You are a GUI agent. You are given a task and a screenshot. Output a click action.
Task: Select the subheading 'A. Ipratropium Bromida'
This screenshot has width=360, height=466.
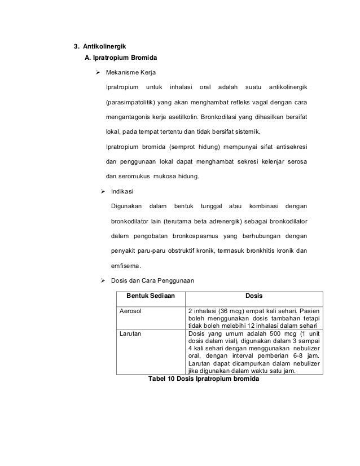pyautogui.click(x=121, y=58)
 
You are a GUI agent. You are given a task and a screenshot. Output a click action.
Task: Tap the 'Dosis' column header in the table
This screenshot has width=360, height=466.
pyautogui.click(x=253, y=296)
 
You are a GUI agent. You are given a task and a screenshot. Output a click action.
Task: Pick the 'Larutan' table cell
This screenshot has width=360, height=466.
pyautogui.click(x=130, y=333)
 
